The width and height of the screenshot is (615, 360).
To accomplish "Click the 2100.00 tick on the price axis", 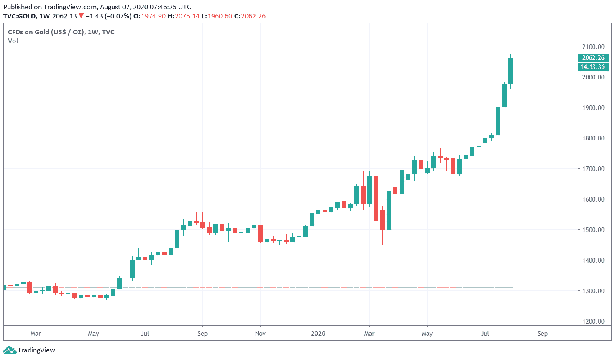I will tap(593, 46).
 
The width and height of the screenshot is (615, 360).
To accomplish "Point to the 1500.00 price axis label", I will tap(593, 230).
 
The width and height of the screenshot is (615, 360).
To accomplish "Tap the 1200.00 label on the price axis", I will tap(593, 321).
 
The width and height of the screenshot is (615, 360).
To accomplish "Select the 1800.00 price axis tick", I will tap(593, 138).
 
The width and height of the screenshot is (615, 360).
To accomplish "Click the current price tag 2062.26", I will tap(593, 58).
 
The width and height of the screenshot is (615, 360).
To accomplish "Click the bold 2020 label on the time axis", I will tap(318, 333).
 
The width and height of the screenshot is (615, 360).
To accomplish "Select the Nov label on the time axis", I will tap(260, 333).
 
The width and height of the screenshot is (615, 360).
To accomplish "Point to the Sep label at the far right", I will tap(543, 333).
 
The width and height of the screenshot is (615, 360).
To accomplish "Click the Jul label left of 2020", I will tap(145, 333).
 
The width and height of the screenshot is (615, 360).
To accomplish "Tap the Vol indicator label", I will tap(13, 41).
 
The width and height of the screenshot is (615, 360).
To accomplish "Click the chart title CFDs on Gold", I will tap(61, 32).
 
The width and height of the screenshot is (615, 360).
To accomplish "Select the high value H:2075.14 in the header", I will tap(183, 16).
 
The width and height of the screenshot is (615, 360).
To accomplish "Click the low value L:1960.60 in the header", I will tap(216, 16).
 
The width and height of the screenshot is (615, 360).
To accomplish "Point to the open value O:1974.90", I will tap(149, 16).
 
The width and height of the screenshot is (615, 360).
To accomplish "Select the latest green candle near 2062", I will tap(510, 71).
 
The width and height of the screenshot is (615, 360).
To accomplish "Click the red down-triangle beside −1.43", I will tap(81, 16).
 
